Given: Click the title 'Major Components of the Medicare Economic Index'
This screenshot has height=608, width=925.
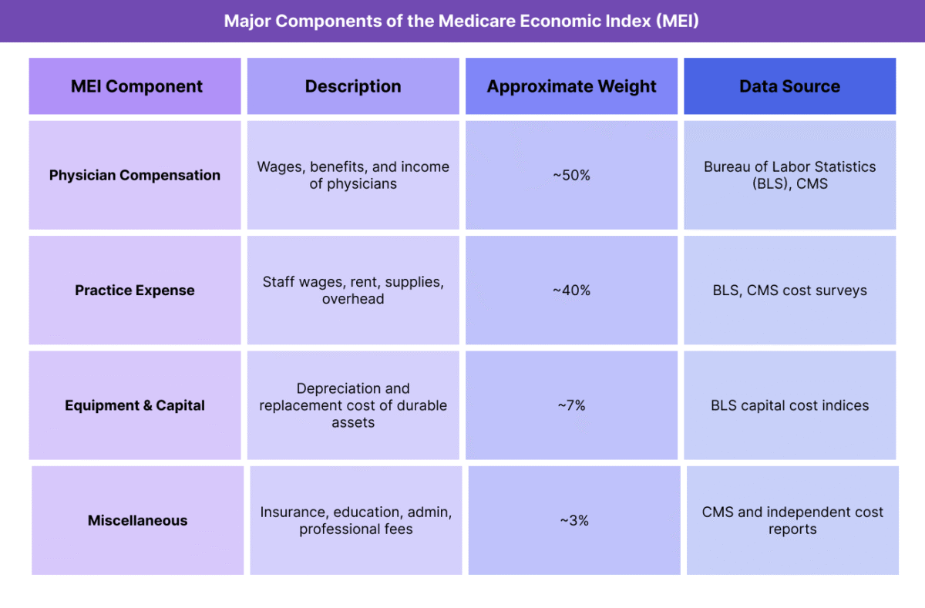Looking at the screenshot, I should tap(461, 21).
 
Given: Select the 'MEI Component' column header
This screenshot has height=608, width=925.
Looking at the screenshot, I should tap(136, 86).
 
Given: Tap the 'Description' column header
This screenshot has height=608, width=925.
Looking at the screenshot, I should tap(353, 86).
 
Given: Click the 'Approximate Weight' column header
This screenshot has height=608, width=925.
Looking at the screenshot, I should tap(571, 86).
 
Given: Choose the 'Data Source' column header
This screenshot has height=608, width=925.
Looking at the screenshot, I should tap(789, 86).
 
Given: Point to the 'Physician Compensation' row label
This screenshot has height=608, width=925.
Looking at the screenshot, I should tap(135, 175).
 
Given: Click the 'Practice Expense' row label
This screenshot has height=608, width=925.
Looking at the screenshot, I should tap(135, 291).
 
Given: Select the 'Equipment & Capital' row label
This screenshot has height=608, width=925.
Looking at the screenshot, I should tap(135, 405).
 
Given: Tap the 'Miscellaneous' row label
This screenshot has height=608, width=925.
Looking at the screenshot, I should tap(137, 520).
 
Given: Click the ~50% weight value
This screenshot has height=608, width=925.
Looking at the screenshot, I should tap(571, 175).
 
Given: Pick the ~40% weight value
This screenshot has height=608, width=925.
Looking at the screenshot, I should tap(571, 291).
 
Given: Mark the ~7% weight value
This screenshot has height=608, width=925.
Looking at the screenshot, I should tap(571, 405).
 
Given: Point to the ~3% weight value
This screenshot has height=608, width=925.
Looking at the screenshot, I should tap(573, 520).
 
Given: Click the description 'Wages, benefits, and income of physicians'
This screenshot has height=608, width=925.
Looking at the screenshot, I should tap(353, 175).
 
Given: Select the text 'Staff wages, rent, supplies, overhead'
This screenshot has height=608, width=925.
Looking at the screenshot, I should tap(353, 291).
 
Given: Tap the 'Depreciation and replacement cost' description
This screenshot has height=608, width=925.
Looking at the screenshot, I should tap(353, 405).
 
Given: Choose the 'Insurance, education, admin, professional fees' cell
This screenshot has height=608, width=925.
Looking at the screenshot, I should tap(356, 520).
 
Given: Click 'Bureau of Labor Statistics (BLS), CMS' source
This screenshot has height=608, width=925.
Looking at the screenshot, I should tap(789, 175).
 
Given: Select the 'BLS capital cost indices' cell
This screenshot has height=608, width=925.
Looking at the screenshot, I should tap(789, 405).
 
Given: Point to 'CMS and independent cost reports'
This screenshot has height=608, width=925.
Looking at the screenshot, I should tap(792, 520).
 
